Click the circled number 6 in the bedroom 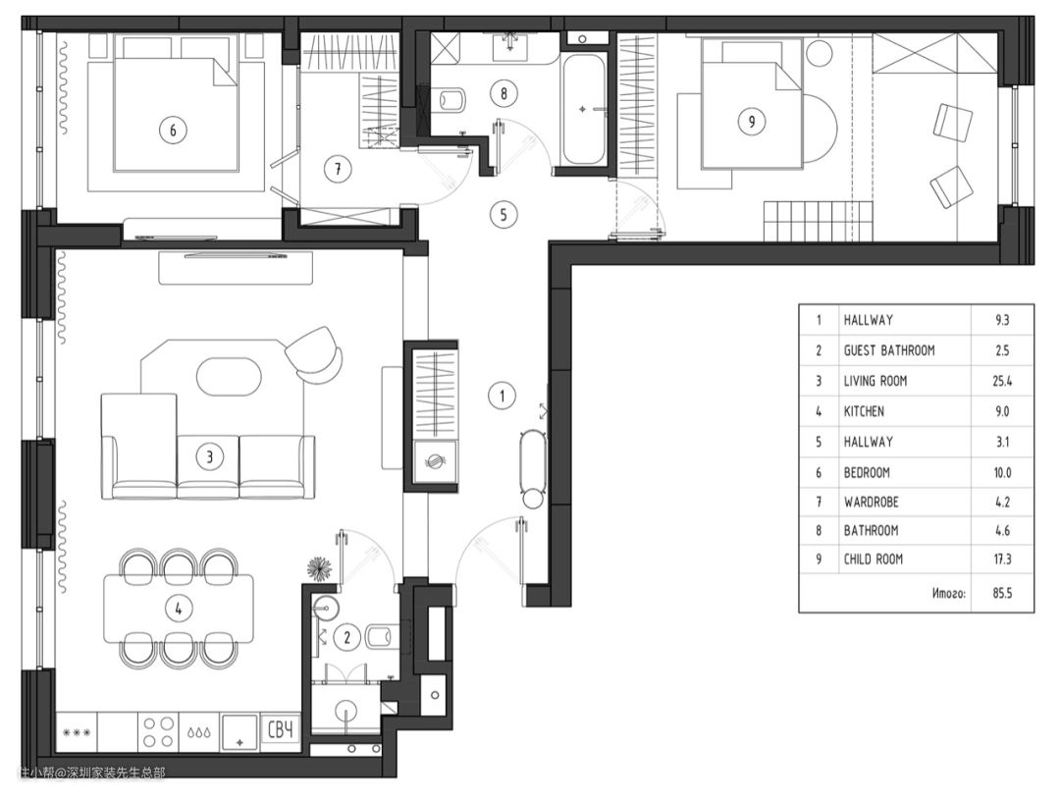(x=173, y=130)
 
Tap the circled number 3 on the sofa (x=210, y=457)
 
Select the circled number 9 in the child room (x=752, y=122)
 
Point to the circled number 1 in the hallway (x=502, y=396)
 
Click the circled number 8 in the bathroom (x=503, y=92)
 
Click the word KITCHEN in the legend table (x=864, y=411)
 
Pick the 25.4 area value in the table (x=1002, y=382)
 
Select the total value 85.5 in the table (x=1002, y=593)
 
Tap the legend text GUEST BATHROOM (x=889, y=350)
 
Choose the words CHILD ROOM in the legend (x=873, y=560)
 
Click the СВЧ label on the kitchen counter (x=282, y=730)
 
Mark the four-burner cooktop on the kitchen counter (x=158, y=731)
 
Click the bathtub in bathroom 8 (x=583, y=110)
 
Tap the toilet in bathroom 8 (x=450, y=101)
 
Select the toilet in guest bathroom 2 (x=379, y=636)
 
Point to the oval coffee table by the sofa (x=229, y=376)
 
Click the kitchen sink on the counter (x=240, y=731)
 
